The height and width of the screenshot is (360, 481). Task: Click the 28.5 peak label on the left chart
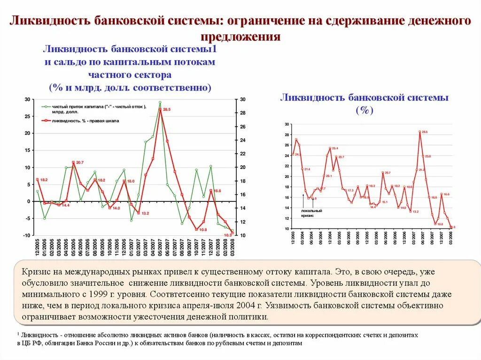tap(166, 109)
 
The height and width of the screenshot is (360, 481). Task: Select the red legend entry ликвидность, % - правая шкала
tap(85, 121)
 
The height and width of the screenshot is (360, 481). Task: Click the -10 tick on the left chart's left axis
tap(27, 235)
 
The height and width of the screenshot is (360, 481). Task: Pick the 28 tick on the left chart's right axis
tap(242, 113)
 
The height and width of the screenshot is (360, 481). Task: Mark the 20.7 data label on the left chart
tap(79, 162)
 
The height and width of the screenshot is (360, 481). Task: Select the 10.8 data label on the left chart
tap(203, 230)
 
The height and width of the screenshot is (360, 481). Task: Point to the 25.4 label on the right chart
tap(335, 148)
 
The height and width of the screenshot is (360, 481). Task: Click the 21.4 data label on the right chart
tap(307, 169)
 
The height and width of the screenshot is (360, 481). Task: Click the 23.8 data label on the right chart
tap(428, 156)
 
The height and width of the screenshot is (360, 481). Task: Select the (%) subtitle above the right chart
tap(364, 111)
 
